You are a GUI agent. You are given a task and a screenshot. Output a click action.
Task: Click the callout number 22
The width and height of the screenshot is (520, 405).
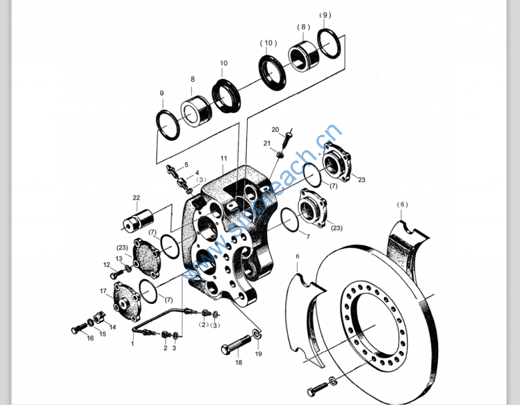pyautogui.click(x=136, y=197)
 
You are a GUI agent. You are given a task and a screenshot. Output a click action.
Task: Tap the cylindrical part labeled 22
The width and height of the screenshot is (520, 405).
pyautogui.click(x=139, y=221)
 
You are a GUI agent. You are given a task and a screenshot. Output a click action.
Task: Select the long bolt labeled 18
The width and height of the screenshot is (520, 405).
pyautogui.click(x=236, y=346)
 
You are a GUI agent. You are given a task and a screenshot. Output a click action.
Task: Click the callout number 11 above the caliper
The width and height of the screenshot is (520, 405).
pyautogui.click(x=223, y=158)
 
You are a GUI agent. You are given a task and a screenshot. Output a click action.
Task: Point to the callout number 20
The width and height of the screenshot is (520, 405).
pyautogui.click(x=275, y=129)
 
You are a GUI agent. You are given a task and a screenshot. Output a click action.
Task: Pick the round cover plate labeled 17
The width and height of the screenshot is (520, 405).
pyautogui.click(x=124, y=301)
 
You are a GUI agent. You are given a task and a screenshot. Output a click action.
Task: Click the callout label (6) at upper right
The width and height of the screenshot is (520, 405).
pyautogui.click(x=402, y=205)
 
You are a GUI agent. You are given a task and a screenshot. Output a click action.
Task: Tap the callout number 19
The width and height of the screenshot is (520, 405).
pyautogui.click(x=258, y=354)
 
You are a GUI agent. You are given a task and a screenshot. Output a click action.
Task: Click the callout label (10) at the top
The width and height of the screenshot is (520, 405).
pyautogui.click(x=268, y=43)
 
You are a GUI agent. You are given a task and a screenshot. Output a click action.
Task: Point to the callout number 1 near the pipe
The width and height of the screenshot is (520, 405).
pyautogui.click(x=133, y=344)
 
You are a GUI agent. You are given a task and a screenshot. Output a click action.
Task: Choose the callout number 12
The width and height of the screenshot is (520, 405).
pyautogui.click(x=107, y=264)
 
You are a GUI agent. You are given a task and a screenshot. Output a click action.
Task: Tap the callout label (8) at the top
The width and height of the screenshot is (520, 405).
pyautogui.click(x=303, y=26)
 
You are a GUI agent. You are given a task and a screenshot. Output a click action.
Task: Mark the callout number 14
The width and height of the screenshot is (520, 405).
pyautogui.click(x=112, y=327)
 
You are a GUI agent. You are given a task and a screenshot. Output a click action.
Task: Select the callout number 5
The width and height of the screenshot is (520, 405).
pyautogui.click(x=186, y=164)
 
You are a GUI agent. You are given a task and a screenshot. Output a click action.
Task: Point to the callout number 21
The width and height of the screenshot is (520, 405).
pyautogui.click(x=267, y=144)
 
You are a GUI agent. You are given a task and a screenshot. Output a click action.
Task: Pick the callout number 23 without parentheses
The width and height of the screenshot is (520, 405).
pyautogui.click(x=361, y=179)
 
